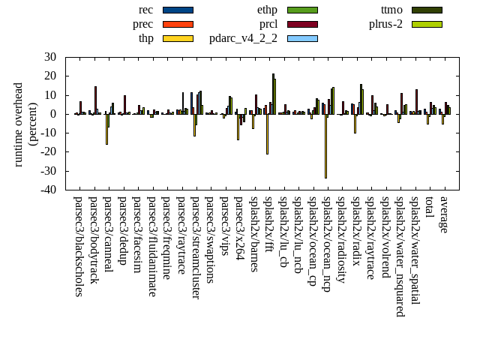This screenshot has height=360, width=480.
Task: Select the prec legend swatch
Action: click(x=178, y=24)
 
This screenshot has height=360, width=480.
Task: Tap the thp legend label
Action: click(x=146, y=38)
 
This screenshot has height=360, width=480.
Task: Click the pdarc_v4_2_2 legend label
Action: click(x=243, y=38)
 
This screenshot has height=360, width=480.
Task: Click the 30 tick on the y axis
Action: click(x=50, y=57)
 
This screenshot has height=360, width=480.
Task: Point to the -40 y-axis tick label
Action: click(x=48, y=190)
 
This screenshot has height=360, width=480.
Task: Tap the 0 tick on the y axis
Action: click(x=53, y=114)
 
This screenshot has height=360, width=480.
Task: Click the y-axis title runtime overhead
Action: click(x=25, y=124)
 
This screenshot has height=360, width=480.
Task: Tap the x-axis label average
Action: click(x=444, y=214)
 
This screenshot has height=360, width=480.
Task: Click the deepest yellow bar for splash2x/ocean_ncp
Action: click(x=325, y=146)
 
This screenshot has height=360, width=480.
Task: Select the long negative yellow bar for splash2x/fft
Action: click(x=267, y=134)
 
